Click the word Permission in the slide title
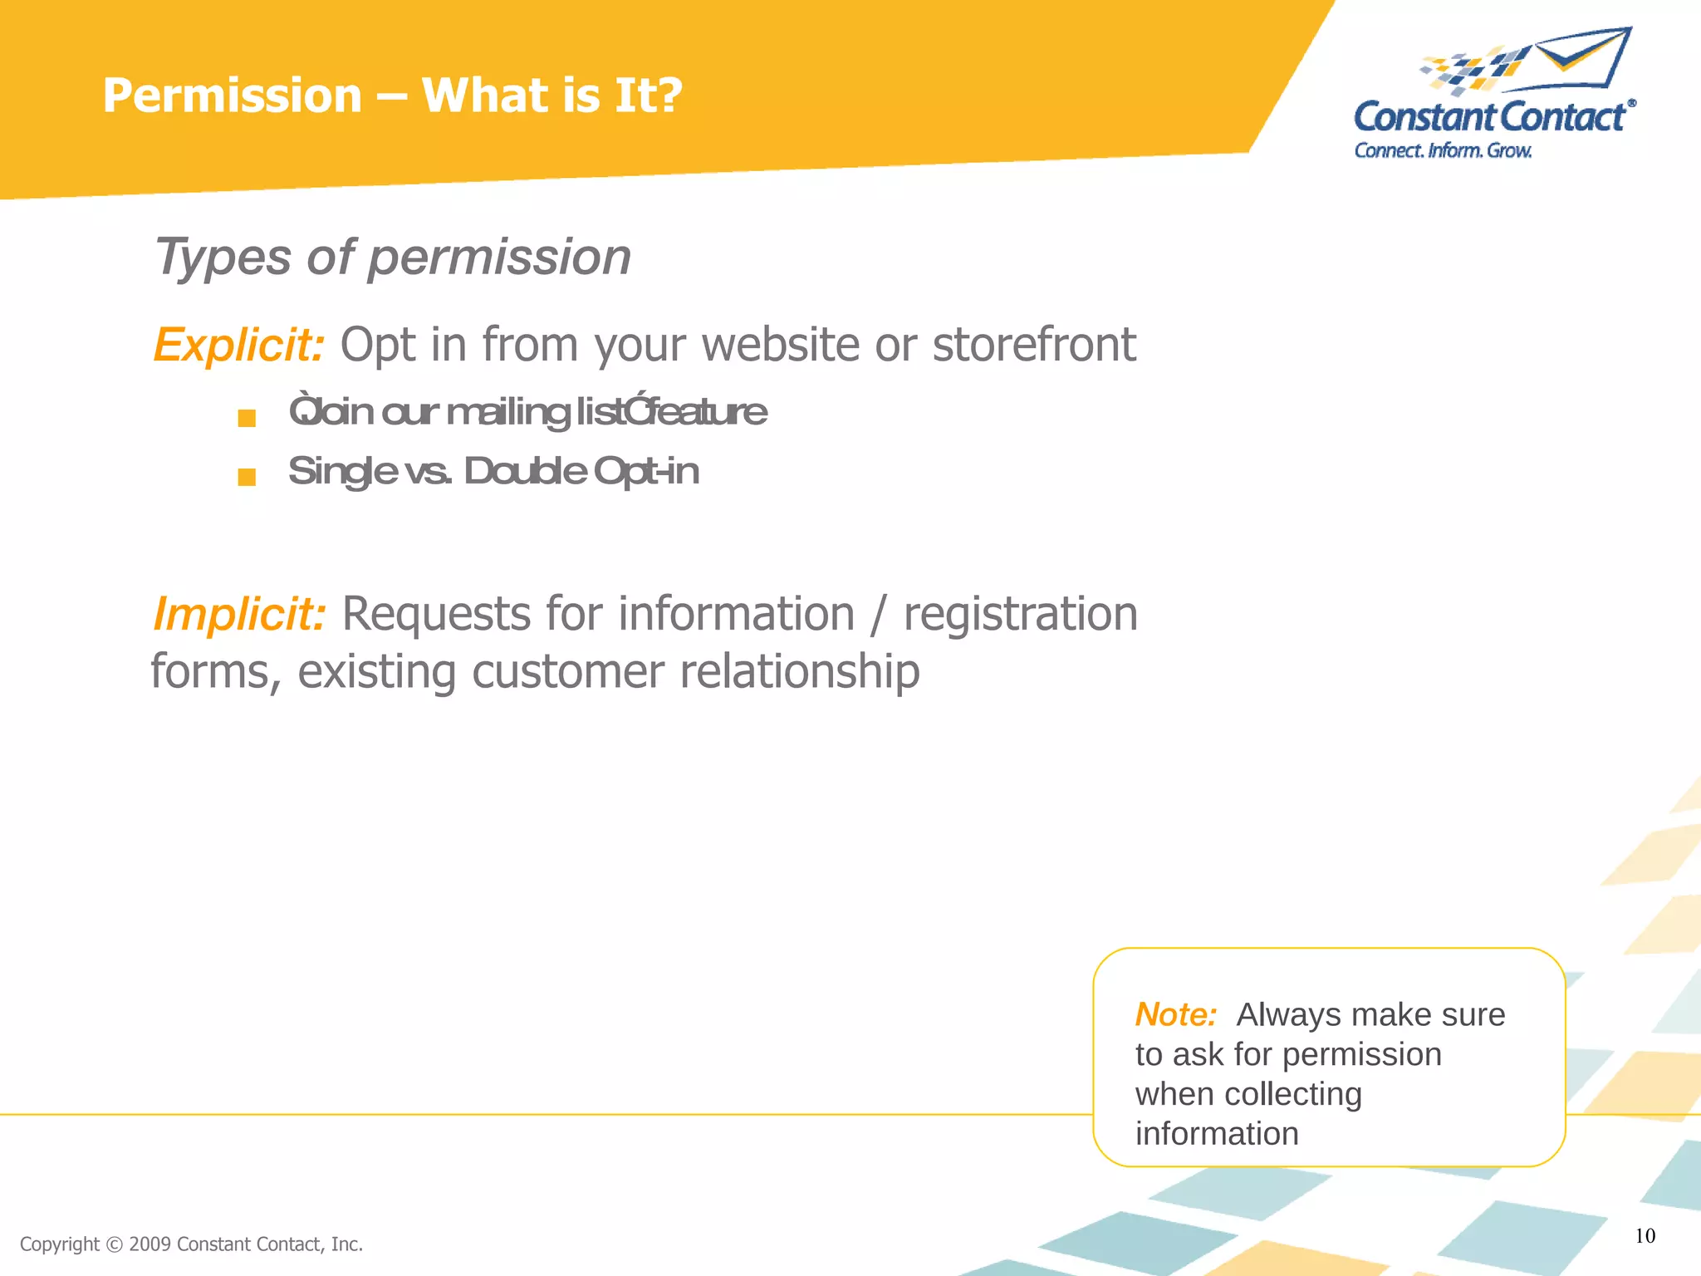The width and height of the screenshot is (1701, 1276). [233, 96]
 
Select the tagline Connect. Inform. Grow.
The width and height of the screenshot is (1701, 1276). [1443, 150]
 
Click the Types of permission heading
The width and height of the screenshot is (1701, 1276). [392, 257]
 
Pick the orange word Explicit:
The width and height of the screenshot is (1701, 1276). [238, 345]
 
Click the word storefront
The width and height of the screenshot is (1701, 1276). [1033, 345]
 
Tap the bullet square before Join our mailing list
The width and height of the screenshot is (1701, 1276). [247, 418]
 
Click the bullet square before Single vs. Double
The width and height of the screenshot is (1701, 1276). [247, 477]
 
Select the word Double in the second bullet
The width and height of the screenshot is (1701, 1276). [525, 472]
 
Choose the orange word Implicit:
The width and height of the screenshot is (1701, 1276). [239, 615]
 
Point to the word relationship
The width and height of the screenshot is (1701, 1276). [799, 671]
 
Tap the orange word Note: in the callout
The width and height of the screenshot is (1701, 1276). [1175, 1015]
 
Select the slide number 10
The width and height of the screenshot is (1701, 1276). [1645, 1236]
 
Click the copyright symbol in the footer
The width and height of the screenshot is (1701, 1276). [115, 1244]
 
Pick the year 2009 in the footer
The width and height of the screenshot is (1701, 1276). [150, 1244]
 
